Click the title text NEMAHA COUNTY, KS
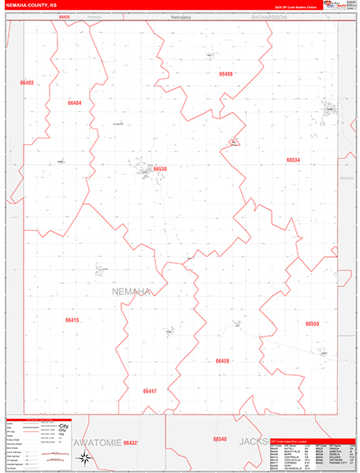pyautogui.click(x=31, y=5)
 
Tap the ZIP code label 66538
pyautogui.click(x=161, y=169)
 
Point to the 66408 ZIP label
pyautogui.click(x=226, y=73)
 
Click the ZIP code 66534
pyautogui.click(x=293, y=160)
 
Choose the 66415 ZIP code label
pyautogui.click(x=72, y=320)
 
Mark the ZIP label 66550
pyautogui.click(x=312, y=323)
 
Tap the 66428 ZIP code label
pyautogui.click(x=222, y=360)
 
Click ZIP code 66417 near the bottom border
pyautogui.click(x=150, y=390)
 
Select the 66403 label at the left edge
pyautogui.click(x=28, y=83)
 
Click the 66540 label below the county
pyautogui.click(x=220, y=439)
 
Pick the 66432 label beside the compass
pyautogui.click(x=131, y=443)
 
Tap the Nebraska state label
pyautogui.click(x=182, y=17)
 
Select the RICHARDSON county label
pyautogui.click(x=269, y=17)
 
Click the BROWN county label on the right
pyautogui.click(x=347, y=179)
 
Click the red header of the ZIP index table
pyautogui.click(x=312, y=441)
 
